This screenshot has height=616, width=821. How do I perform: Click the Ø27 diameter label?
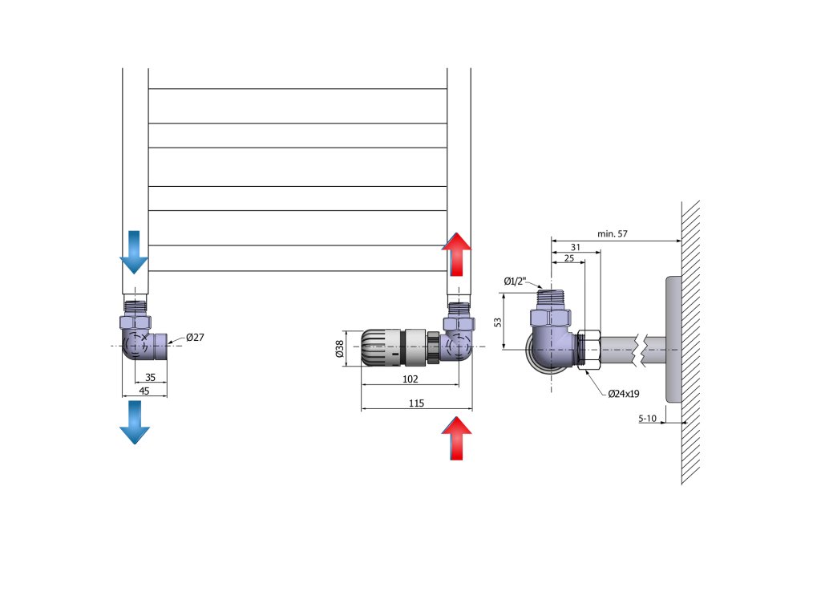(195, 338)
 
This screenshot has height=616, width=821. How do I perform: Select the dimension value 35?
(150, 377)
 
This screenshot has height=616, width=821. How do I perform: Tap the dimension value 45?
(144, 391)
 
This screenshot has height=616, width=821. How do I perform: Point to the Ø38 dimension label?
(339, 349)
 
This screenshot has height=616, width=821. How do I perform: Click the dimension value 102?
(410, 379)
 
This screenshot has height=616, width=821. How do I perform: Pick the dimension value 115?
(416, 403)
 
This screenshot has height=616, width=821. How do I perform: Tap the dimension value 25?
(568, 258)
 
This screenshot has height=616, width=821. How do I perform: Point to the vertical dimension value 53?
(498, 321)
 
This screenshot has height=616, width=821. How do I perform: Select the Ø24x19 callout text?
(623, 394)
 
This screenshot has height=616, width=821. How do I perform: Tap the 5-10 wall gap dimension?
(648, 418)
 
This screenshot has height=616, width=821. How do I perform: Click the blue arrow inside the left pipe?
(134, 251)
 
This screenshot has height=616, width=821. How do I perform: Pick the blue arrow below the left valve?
(134, 422)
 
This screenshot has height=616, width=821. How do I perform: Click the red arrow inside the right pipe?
(458, 253)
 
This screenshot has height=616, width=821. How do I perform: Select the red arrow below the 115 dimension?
(458, 438)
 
